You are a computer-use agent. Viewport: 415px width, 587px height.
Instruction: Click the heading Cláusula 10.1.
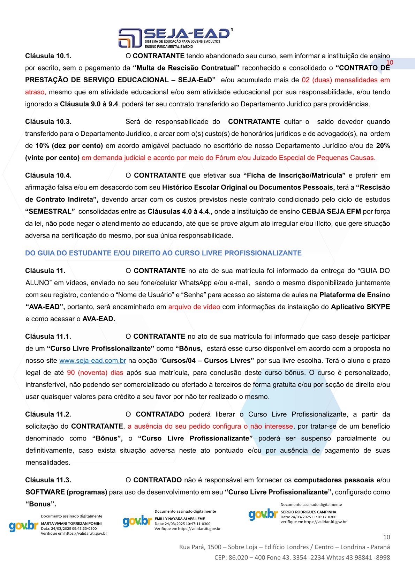48,56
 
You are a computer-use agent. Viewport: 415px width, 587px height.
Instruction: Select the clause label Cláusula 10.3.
48,122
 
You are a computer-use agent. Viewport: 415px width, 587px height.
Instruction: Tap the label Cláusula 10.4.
48,175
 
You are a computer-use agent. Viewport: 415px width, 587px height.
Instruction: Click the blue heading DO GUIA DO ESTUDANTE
163,253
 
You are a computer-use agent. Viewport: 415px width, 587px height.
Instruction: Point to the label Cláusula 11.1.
48,337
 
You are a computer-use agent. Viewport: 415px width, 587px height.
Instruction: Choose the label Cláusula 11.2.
48,414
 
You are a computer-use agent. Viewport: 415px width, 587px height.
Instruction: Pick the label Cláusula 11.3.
48,480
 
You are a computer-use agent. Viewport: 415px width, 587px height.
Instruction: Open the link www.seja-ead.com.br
92,361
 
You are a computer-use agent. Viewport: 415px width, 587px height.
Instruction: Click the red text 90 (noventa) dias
95,372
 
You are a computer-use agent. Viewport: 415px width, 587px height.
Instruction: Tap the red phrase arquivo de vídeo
194,307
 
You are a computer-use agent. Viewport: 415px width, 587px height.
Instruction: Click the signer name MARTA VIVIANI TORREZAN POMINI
71,524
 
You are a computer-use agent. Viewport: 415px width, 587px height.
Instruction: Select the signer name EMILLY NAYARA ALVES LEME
180,519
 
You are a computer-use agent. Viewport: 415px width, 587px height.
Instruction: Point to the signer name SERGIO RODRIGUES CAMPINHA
308,512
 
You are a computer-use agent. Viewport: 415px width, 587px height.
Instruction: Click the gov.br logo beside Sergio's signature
263,514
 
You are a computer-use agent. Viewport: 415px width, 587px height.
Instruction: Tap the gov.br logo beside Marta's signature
24,526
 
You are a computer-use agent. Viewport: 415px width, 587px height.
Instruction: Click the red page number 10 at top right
390,63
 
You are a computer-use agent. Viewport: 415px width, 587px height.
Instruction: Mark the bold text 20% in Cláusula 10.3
383,146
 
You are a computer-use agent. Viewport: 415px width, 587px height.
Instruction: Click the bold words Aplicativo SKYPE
360,307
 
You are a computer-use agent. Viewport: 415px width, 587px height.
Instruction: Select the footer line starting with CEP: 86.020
302,557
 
